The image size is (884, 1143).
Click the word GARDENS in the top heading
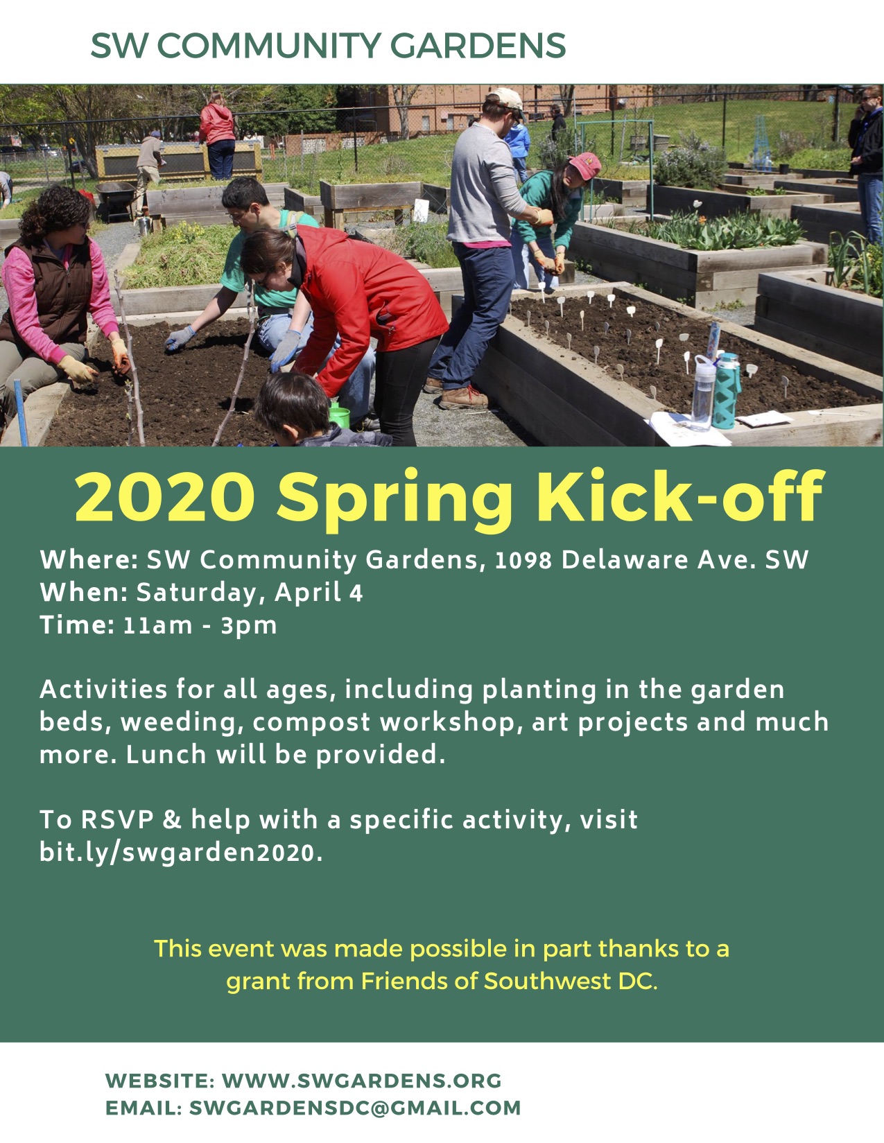478,46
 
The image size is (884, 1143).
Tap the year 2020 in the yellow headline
164,497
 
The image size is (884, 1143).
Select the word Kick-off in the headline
679,497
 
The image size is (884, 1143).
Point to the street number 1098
523,561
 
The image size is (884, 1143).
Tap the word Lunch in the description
165,754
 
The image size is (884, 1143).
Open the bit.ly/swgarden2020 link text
180,852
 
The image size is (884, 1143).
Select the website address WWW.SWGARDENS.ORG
361,1081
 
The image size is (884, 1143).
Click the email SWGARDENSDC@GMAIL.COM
354,1108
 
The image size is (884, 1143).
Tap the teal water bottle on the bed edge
727,392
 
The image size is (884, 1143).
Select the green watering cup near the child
339,416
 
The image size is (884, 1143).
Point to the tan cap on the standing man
506,98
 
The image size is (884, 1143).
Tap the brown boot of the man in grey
463,398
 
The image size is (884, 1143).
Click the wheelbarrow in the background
115,196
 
